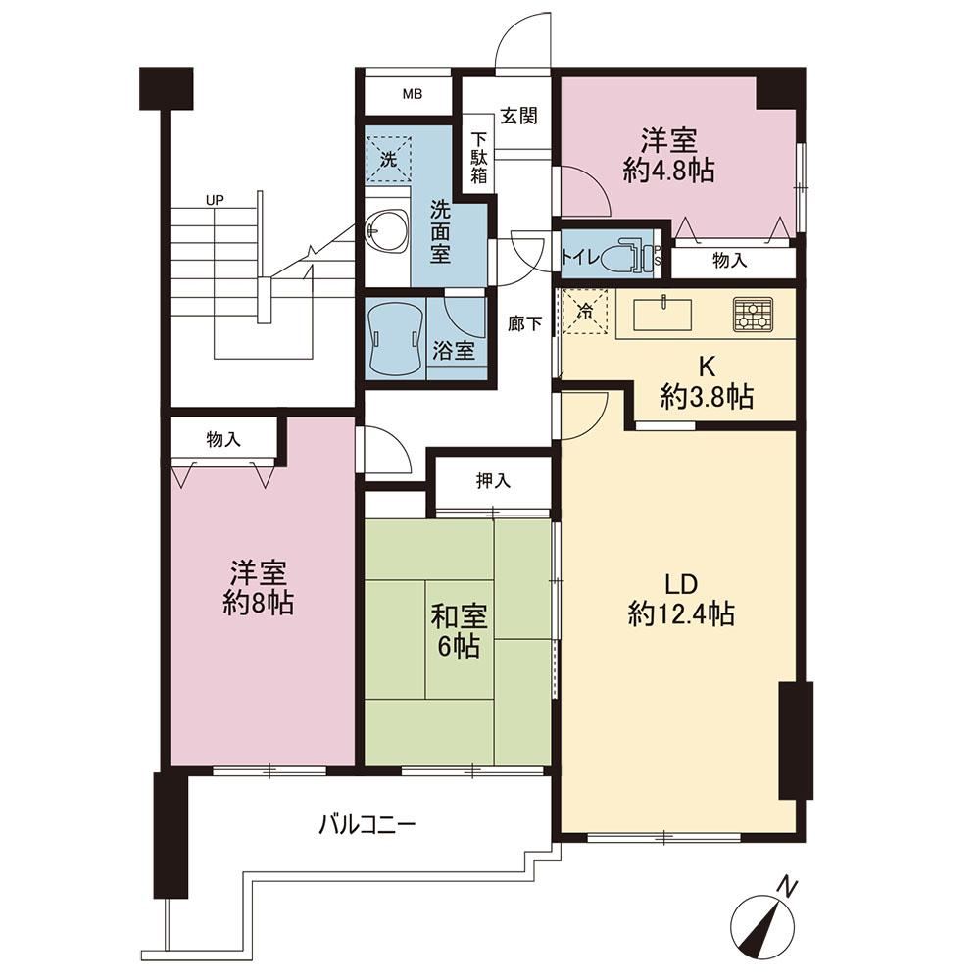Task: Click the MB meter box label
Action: pos(412,94)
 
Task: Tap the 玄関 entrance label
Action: pos(518,116)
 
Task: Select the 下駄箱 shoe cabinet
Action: pos(479,158)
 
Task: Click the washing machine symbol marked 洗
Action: pos(389,159)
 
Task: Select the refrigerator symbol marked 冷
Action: pos(585,312)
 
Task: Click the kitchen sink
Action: pos(662,314)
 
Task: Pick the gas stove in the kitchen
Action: pos(753,315)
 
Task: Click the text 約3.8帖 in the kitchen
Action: pos(707,396)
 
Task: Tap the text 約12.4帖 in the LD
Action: pos(681,614)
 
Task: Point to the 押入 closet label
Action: pos(494,480)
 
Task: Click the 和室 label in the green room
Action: pos(460,617)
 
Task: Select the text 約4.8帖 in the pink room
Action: pos(668,170)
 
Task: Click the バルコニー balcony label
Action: pos(367,825)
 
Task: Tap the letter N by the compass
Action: pos(788,886)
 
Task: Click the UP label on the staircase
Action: pos(215,201)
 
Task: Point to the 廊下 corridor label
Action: pos(524,323)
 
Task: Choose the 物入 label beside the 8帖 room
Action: pos(223,439)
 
